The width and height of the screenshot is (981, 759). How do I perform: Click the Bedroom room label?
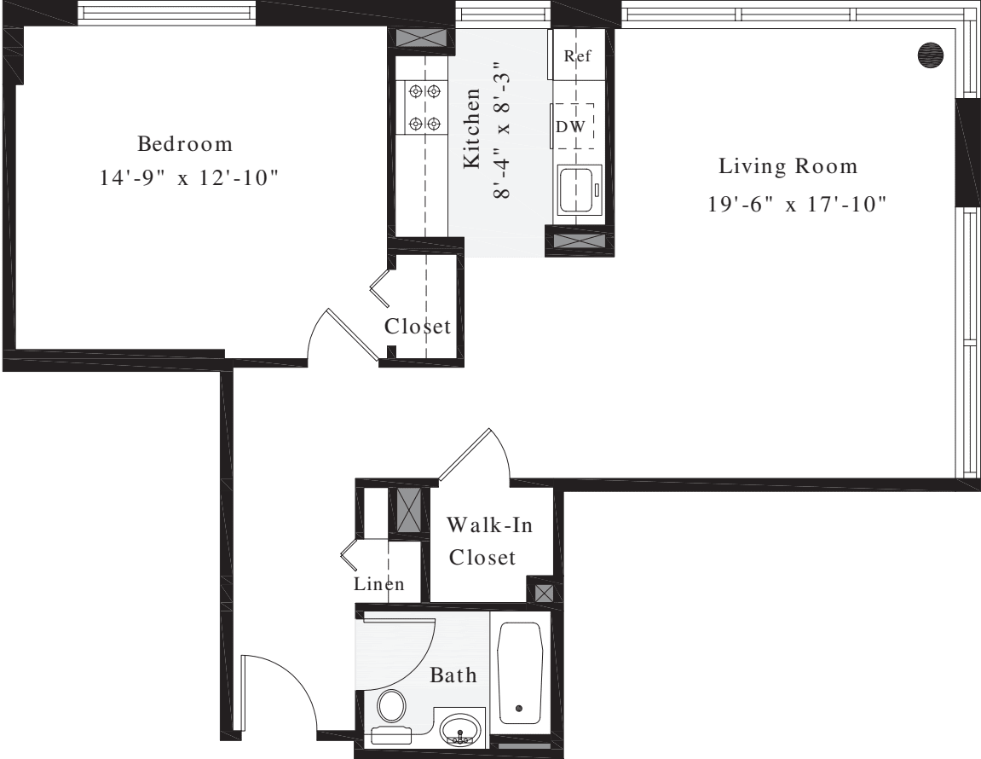click(185, 142)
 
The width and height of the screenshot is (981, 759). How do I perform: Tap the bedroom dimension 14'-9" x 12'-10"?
click(190, 179)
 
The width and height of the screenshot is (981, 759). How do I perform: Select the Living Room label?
click(787, 165)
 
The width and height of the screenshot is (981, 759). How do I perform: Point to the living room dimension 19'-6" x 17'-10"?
click(796, 206)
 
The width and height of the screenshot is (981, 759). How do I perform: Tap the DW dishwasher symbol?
click(572, 125)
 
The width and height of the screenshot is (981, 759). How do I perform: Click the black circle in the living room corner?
click(931, 54)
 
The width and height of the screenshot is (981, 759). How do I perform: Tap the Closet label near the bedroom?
click(417, 327)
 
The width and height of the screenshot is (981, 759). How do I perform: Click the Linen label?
click(379, 585)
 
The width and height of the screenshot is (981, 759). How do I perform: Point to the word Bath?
click(453, 676)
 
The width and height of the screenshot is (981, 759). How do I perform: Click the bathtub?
click(520, 674)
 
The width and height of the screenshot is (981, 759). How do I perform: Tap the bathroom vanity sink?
click(461, 731)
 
